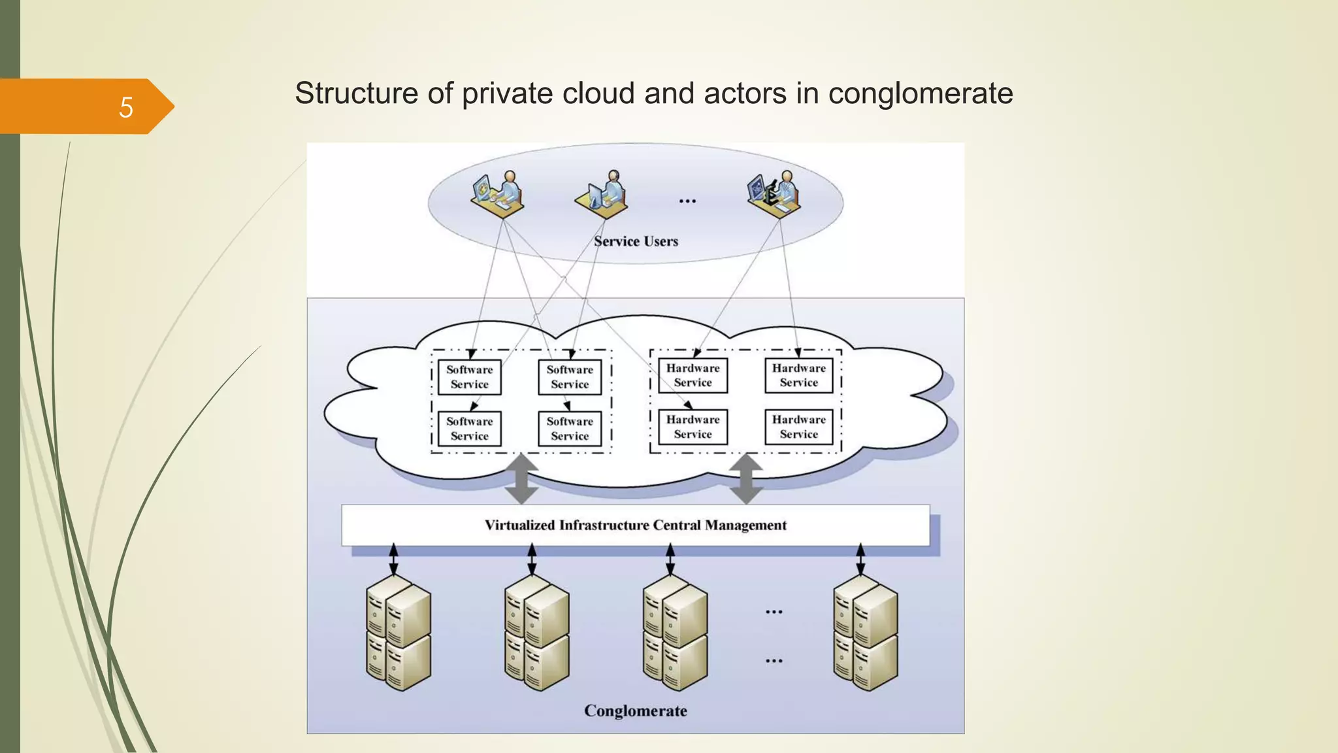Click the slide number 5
tap(126, 107)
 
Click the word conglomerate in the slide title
tap(921, 93)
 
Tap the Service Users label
tap(636, 241)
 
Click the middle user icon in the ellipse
tap(602, 193)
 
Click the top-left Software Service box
tap(469, 377)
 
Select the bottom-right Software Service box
tap(570, 429)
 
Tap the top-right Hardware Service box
tap(798, 375)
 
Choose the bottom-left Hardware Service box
tap(693, 427)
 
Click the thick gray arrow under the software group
tap(521, 479)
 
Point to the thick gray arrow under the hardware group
tap(746, 479)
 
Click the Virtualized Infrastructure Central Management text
tap(635, 525)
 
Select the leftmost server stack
tap(398, 633)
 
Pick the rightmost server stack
tap(865, 633)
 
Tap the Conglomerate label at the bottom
tap(635, 711)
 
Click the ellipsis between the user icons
tap(687, 201)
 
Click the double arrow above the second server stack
tap(532, 560)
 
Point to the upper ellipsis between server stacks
tap(774, 612)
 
